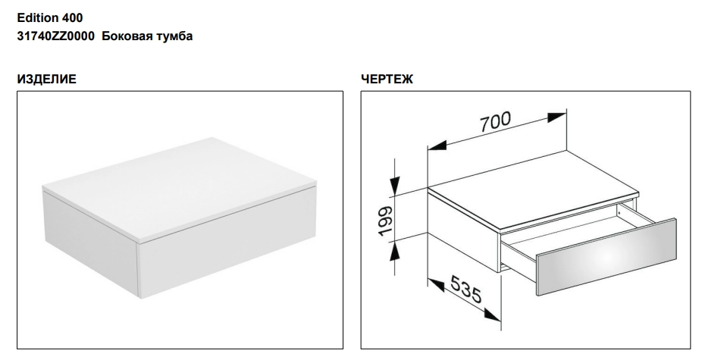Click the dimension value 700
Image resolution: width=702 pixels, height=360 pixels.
coord(495,121)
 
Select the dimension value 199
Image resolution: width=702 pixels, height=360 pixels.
coord(385,221)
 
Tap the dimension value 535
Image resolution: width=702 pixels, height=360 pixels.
coord(466,289)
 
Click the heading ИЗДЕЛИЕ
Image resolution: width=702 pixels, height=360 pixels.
coord(46,80)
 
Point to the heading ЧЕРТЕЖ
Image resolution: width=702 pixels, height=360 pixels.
coord(387,80)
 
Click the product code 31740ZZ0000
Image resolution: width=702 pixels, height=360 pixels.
coord(55,36)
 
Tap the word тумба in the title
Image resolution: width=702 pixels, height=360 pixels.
coord(174,36)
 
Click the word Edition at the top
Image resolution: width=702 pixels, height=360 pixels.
coord(38,18)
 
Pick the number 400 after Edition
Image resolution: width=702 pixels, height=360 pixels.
coord(72,18)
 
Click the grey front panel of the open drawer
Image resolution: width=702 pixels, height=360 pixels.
coord(606,257)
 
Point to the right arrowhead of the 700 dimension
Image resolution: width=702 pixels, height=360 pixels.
coord(556,117)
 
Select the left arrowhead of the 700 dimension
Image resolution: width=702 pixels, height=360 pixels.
coord(437,146)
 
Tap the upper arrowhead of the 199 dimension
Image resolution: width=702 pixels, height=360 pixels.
coord(394,186)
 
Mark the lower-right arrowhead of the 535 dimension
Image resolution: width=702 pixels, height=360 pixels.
coord(492,316)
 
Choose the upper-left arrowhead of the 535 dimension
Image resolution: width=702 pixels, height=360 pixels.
coord(436,285)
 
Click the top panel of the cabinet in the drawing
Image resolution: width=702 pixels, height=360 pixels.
coord(533,189)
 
